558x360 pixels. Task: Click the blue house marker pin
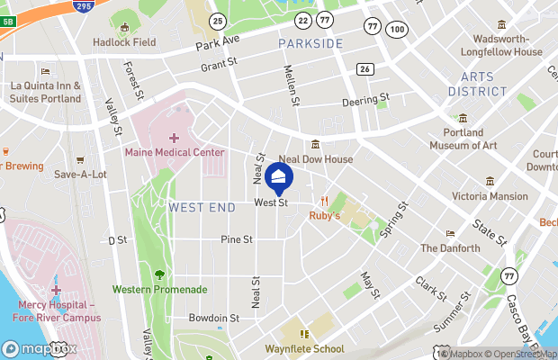[x=279, y=177]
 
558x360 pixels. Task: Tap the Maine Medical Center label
[x=175, y=153]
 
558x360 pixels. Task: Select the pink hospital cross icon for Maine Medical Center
[x=174, y=138]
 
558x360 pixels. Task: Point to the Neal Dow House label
[x=316, y=158]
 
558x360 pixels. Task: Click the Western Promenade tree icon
[x=159, y=274]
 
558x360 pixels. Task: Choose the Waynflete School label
[x=304, y=349]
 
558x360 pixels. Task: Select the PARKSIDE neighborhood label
[x=310, y=44]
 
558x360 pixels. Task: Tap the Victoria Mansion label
[x=490, y=196]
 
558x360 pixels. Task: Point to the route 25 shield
[x=217, y=20]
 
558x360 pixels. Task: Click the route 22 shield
[x=303, y=20]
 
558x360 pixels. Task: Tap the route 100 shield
[x=395, y=30]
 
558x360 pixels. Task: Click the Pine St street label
[x=237, y=239]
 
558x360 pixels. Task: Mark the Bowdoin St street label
[x=214, y=318]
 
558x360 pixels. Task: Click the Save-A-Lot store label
[x=80, y=175]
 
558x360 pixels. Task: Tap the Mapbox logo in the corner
[x=39, y=349]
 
